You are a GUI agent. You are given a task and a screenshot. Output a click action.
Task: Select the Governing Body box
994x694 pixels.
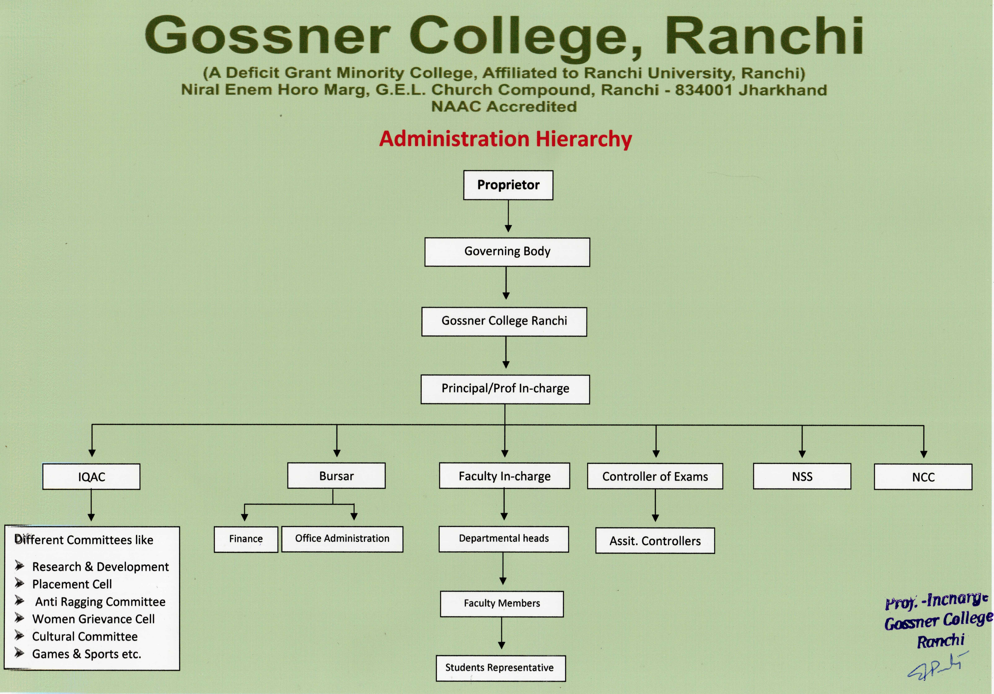pos(507,252)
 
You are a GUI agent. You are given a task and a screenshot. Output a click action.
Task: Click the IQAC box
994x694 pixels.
pos(91,477)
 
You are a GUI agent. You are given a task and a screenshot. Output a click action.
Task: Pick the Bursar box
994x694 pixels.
pos(336,476)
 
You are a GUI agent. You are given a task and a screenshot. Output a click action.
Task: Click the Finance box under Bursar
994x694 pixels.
pos(246,539)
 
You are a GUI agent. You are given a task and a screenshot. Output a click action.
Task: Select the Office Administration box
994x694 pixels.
pos(342,539)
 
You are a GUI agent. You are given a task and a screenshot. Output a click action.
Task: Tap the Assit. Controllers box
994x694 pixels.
pos(655,541)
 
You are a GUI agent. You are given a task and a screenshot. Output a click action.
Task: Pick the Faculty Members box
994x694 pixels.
pos(502,604)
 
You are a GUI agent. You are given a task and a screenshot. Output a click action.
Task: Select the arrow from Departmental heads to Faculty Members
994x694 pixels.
pos(503,569)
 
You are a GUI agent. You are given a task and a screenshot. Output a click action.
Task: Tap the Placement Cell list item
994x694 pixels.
pos(72,584)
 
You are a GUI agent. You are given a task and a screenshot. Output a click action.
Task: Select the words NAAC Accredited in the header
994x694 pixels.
pos(504,106)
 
